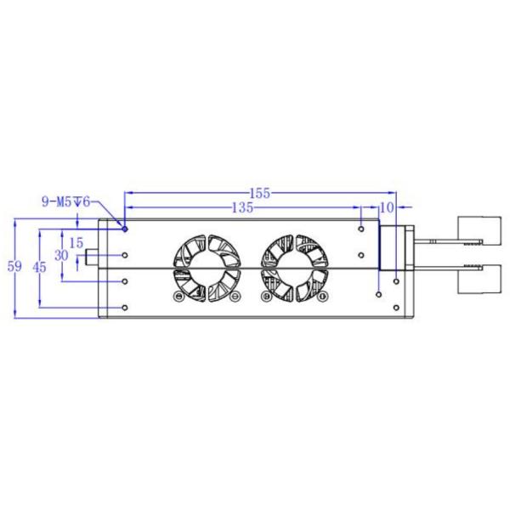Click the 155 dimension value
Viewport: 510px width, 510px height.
(x=260, y=193)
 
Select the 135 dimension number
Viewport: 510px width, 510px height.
(x=243, y=207)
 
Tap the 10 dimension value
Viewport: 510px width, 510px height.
(x=387, y=207)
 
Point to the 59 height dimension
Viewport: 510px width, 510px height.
(x=14, y=267)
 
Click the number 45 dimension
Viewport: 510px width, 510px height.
(x=38, y=267)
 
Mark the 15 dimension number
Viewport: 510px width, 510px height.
(x=76, y=242)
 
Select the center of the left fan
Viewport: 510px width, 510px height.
(x=204, y=268)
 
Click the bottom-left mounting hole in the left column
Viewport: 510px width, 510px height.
(x=125, y=307)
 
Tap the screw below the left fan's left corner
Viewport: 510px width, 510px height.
(x=178, y=297)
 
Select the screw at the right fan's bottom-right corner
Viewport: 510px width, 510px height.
(x=323, y=297)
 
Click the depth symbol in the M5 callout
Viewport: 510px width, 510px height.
(x=77, y=201)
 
